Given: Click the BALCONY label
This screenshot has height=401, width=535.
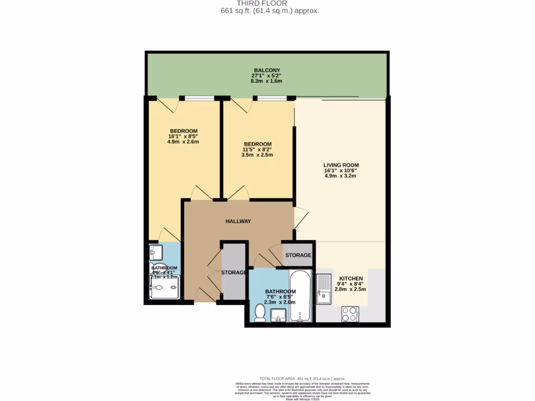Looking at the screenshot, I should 267,70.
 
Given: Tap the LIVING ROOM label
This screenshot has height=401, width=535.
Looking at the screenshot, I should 341,165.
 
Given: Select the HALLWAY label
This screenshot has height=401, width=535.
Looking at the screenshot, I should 238,221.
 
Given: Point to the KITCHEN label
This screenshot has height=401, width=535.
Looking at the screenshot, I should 352,278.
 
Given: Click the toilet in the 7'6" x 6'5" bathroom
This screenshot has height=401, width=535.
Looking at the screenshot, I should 260,313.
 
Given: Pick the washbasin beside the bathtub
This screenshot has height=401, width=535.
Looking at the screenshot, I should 278,315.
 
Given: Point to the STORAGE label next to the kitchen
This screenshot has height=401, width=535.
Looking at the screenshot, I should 298,255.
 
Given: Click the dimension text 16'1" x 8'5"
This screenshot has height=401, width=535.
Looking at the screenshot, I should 183,136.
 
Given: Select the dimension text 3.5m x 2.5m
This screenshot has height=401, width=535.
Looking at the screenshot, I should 258,155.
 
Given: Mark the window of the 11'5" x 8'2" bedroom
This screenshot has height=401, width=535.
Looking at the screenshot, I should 272,98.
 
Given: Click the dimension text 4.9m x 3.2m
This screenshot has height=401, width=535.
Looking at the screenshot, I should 341,176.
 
